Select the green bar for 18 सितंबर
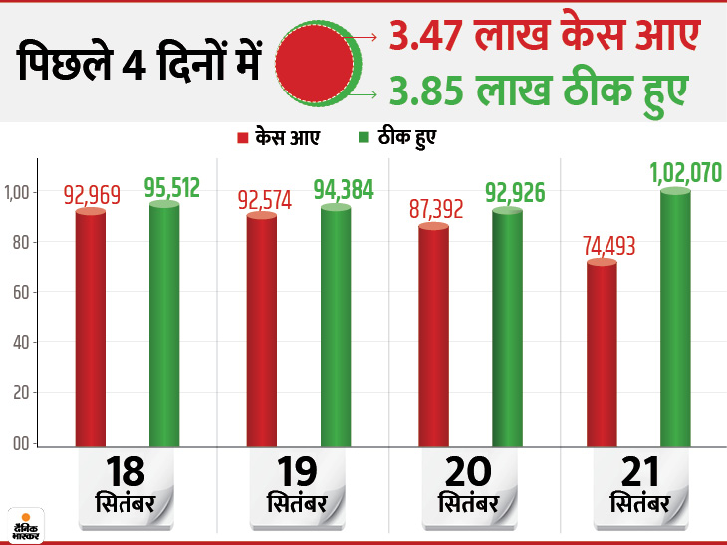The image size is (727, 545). pyautogui.click(x=164, y=323)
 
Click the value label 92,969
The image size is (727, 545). pyautogui.click(x=91, y=193)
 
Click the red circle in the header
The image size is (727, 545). pyautogui.click(x=313, y=67)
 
